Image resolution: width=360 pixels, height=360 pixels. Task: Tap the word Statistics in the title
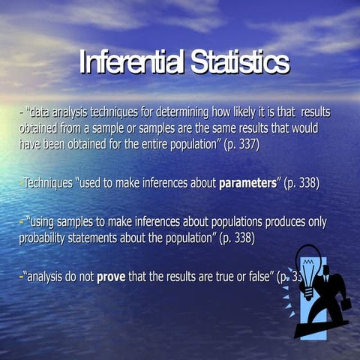tap(238, 63)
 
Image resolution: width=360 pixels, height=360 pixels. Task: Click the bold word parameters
tap(248, 183)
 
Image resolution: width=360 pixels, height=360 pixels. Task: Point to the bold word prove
tap(111, 277)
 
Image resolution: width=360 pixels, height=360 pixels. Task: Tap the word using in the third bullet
tap(46, 222)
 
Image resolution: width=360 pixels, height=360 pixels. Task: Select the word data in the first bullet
tap(41, 112)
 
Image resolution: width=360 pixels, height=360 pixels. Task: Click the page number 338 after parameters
tap(304, 183)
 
